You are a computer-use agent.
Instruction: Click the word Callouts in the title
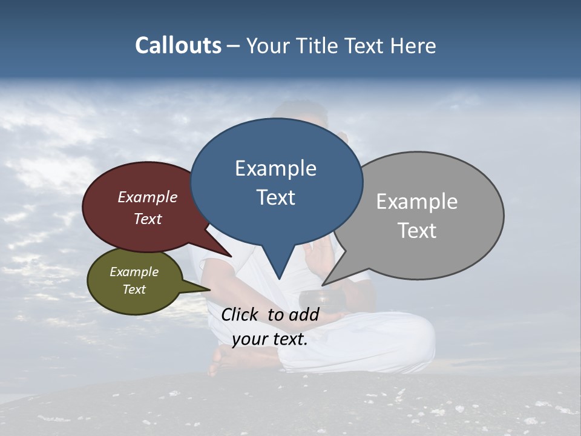[178, 45]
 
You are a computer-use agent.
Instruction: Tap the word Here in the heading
[412, 46]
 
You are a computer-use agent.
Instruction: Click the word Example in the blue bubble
[275, 168]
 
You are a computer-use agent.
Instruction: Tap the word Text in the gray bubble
[417, 231]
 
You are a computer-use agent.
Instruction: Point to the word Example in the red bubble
[147, 197]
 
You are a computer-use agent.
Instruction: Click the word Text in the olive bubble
[134, 289]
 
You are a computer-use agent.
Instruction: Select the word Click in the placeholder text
[240, 314]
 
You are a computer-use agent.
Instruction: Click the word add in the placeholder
[304, 314]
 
